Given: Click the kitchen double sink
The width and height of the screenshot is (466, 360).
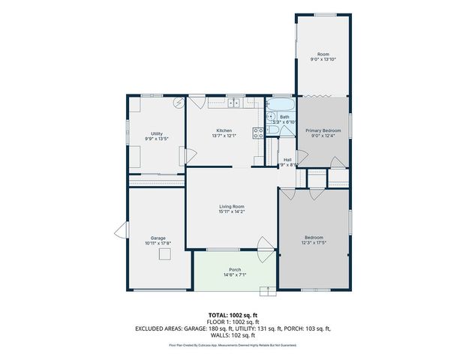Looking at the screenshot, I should coord(234,103).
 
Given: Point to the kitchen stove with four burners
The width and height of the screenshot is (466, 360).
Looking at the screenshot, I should coord(257,132).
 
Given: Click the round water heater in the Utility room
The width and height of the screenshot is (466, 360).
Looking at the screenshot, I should coord(179,105).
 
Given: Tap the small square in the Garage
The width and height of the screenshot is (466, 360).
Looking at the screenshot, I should coord(164,253).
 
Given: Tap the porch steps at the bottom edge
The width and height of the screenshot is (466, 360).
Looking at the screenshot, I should coord(266,290).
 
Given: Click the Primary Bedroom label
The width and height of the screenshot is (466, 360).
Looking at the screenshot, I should coord(323,130).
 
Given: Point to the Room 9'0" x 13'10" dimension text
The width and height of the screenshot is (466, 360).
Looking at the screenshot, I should coord(323,59).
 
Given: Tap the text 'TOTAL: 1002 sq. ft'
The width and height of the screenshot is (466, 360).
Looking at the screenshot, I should coord(233,315).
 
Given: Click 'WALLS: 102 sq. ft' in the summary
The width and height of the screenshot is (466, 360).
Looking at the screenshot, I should coord(233,334).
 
